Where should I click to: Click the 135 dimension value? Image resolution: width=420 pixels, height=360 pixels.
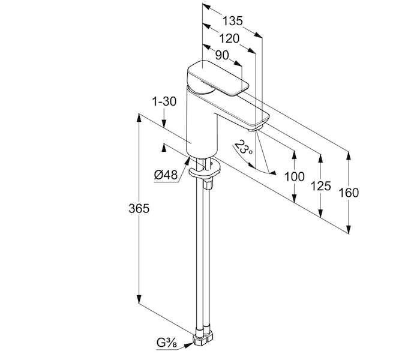[x=233, y=21]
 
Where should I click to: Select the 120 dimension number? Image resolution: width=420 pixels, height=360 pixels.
[x=229, y=39]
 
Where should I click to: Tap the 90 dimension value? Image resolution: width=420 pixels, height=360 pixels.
[x=222, y=55]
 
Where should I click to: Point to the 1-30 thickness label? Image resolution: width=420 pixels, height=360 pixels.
[x=164, y=102]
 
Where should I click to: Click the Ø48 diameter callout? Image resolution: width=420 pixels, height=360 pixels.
[x=166, y=175]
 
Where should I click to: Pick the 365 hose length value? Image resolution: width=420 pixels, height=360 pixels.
[x=139, y=208]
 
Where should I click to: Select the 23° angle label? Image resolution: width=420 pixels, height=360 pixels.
[x=243, y=148]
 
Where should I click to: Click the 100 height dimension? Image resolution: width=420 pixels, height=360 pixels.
[x=295, y=177]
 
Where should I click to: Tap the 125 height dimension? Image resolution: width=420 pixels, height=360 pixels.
[x=320, y=186]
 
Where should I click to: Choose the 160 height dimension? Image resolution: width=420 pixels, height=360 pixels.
[x=349, y=193]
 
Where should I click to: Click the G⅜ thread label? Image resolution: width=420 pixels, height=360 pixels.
[x=167, y=343]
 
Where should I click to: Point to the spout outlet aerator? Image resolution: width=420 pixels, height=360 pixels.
[x=253, y=130]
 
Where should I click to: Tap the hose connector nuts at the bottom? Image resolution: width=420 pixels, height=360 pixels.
[x=203, y=338]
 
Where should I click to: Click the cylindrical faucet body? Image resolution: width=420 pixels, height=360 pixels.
[x=202, y=126]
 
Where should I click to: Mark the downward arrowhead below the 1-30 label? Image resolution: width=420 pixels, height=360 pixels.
[x=164, y=123]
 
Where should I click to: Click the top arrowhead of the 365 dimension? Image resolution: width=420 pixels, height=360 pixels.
[x=139, y=118]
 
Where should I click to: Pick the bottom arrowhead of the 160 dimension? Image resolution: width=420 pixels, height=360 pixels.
[x=349, y=229]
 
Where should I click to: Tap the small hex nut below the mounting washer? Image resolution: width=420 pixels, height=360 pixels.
[x=208, y=185]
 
